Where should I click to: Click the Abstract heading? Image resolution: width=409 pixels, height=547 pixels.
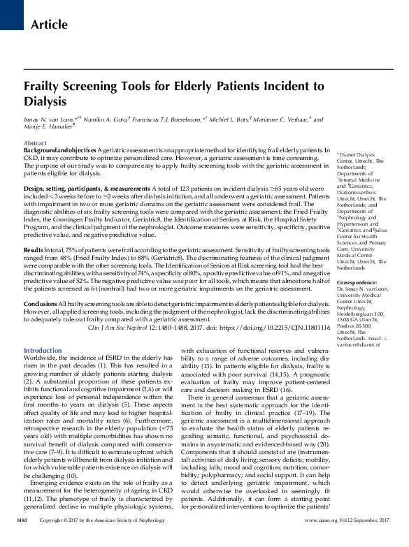36,143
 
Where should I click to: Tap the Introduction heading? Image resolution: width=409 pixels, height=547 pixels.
43,351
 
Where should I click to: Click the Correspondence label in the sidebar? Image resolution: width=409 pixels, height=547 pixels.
358,282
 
